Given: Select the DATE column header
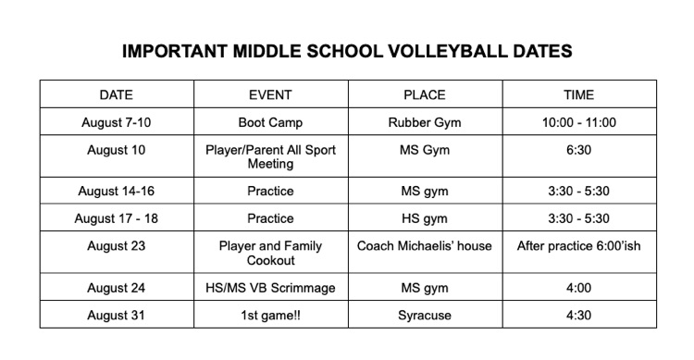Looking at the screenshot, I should click(117, 94).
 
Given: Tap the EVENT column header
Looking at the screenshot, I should click(271, 94).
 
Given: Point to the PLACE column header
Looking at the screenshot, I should click(425, 94).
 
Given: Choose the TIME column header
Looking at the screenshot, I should click(579, 94).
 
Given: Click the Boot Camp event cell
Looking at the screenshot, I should click(271, 122).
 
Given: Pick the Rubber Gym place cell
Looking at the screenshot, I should click(425, 122).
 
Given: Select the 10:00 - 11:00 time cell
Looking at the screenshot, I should click(579, 122).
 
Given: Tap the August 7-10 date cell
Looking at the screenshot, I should click(117, 122).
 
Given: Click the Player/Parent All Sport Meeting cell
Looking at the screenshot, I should click(271, 156).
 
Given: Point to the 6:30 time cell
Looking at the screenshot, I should click(579, 149).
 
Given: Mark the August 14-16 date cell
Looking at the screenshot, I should click(117, 192).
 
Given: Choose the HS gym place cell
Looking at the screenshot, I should click(425, 218).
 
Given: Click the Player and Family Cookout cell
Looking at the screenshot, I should click(271, 254).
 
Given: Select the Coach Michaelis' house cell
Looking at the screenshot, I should click(425, 246).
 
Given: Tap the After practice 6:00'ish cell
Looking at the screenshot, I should click(579, 246).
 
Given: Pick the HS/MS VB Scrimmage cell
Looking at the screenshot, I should click(271, 288).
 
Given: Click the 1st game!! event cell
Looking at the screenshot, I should click(271, 316).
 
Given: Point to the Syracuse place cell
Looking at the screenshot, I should click(425, 316).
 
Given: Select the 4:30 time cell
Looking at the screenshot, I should click(579, 316).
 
